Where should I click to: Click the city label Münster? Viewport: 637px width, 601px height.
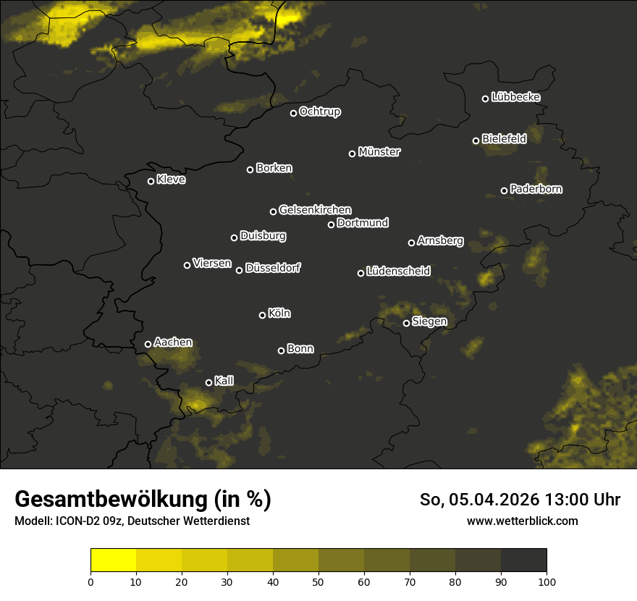tap(379, 152)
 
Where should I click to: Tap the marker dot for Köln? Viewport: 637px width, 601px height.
tap(262, 315)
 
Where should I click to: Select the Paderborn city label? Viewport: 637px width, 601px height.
tap(536, 189)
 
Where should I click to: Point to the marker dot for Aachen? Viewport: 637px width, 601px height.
tap(148, 344)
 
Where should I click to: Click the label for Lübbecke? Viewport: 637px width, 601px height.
tap(515, 97)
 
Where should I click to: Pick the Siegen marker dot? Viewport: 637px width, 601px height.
tap(406, 323)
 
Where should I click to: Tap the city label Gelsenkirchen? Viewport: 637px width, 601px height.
tap(315, 210)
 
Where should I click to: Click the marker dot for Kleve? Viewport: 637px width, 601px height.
tap(151, 181)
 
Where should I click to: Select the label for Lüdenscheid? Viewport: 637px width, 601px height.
tap(398, 272)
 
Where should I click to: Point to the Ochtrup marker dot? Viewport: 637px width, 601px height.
tap(293, 113)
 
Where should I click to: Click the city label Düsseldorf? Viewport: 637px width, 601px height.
tap(273, 268)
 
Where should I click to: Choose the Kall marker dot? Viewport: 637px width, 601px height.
tap(208, 382)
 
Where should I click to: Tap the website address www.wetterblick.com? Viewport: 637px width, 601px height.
tap(522, 521)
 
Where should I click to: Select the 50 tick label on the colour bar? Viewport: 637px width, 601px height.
tap(318, 581)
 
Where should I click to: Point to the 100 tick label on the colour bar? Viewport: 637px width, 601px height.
tap(547, 581)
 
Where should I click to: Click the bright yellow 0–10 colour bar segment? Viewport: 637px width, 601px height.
tap(114, 560)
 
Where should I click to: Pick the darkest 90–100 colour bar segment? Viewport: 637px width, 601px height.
tap(523, 560)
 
